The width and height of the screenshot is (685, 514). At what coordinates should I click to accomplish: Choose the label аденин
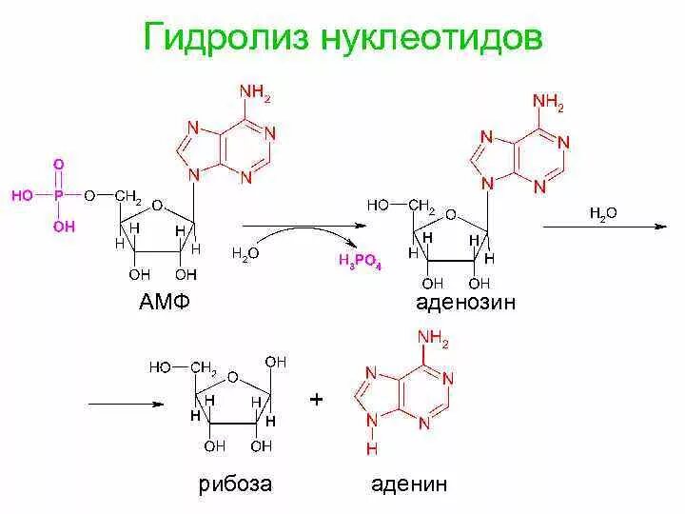tap(409, 484)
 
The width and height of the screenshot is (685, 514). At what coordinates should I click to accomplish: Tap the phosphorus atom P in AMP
tap(59, 196)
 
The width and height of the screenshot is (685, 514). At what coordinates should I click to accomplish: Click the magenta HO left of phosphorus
tap(21, 196)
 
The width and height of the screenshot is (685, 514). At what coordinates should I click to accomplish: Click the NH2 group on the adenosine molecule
tap(548, 101)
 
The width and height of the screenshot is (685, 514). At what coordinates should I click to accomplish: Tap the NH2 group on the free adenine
tap(432, 340)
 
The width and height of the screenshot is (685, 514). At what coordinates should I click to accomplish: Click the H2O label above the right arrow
tap(603, 214)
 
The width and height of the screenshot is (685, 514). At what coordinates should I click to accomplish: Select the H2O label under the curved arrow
tap(245, 254)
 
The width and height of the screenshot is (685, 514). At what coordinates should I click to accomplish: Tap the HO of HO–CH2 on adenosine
tap(378, 204)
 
